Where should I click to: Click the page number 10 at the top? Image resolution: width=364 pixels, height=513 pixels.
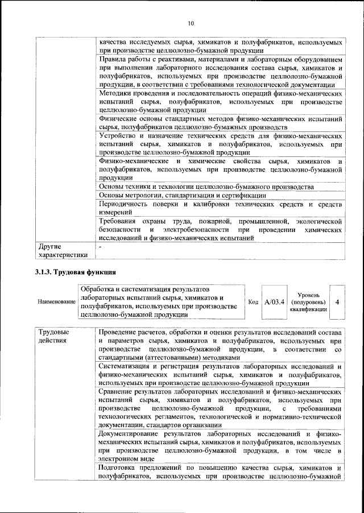pos(190,23)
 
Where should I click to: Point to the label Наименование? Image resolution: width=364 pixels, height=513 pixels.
pos(56,302)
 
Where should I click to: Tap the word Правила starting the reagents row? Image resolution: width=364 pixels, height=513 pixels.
pos(113,59)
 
